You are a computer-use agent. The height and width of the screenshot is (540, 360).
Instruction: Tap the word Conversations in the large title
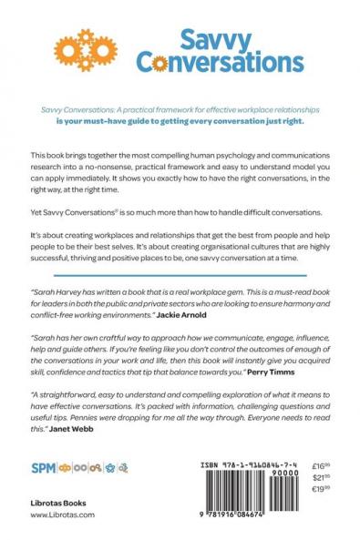coord(219,63)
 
